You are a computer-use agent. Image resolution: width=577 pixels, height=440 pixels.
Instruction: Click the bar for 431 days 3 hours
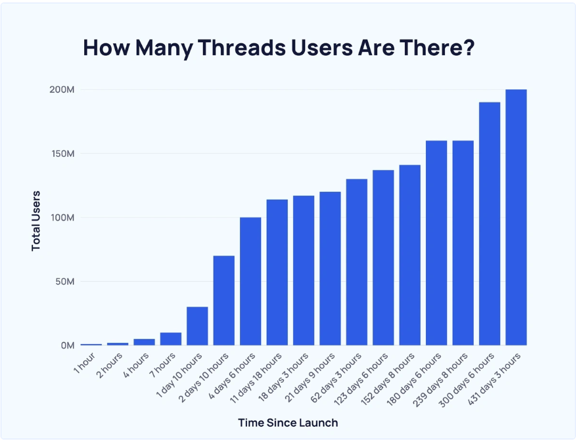516,217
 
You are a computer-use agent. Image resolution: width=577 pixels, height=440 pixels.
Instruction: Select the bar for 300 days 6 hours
490,223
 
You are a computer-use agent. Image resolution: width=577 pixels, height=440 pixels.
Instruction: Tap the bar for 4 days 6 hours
250,281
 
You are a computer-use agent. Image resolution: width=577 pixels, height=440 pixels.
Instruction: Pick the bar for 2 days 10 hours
223,300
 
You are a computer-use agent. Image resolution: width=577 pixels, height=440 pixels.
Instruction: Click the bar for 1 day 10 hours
197,326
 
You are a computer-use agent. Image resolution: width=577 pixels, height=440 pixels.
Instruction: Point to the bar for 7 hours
171,339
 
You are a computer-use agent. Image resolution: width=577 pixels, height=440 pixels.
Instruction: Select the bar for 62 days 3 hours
357,262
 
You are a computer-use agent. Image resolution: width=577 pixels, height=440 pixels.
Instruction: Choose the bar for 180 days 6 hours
436,243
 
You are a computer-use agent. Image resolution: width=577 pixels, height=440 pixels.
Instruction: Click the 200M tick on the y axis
61,89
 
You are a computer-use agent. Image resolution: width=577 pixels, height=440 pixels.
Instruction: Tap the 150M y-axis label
61,154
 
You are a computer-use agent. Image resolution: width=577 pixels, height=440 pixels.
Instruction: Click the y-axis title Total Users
36,221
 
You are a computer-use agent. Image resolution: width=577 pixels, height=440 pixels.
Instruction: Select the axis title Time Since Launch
288,422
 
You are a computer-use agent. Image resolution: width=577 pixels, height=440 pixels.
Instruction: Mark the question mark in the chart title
469,48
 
